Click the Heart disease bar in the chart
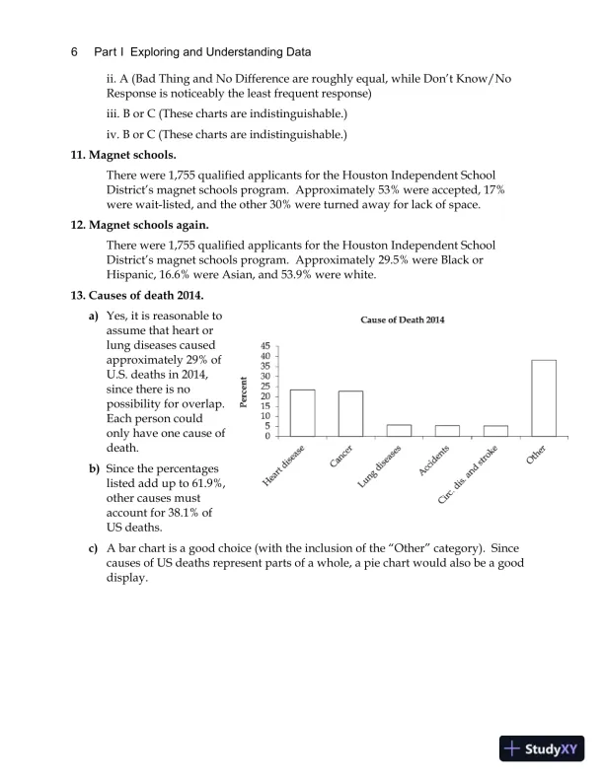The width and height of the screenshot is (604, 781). point(303,413)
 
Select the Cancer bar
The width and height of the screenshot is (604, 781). point(350,413)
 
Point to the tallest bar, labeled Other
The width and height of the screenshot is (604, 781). point(544,397)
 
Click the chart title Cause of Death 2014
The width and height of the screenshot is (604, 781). point(402,319)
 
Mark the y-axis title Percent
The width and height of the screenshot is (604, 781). point(244,392)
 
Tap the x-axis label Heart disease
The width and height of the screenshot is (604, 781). point(284,465)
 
